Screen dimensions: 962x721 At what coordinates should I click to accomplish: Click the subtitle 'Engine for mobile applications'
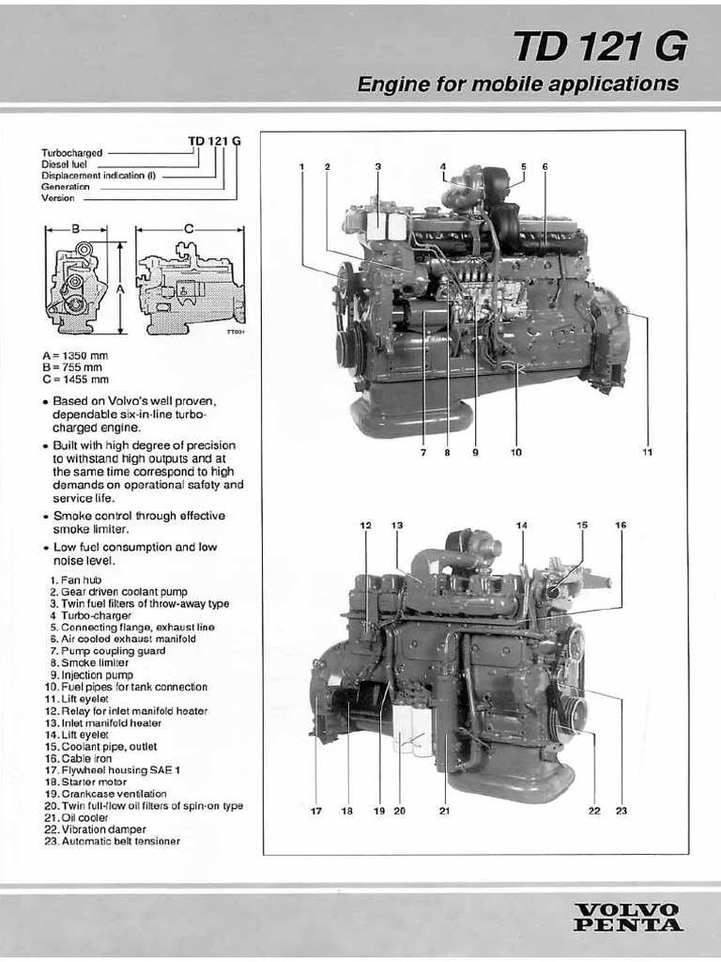tap(517, 84)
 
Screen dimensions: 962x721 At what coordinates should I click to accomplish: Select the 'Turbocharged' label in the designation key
tap(71, 152)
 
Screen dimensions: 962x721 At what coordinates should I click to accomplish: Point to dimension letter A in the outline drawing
tap(120, 290)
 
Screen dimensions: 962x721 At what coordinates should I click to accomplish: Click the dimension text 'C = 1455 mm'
tap(75, 380)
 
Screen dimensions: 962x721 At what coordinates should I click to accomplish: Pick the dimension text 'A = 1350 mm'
tap(75, 355)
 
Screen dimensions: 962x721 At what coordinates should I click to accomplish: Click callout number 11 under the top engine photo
tap(647, 452)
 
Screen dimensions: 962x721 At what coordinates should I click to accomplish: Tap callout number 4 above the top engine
tap(443, 167)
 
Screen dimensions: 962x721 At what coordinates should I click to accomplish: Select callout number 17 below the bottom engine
tap(316, 811)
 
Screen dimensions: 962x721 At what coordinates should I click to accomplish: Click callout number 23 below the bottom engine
tap(621, 811)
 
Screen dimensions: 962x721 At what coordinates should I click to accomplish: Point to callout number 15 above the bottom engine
tap(582, 525)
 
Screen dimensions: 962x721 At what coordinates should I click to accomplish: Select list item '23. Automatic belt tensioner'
tap(112, 842)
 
